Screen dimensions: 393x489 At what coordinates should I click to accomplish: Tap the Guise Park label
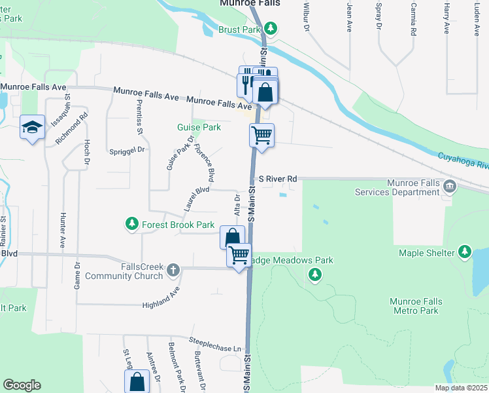(x=199, y=127)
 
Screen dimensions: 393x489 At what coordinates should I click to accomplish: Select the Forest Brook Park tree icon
(x=132, y=225)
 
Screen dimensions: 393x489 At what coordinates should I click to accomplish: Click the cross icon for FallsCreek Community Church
(x=173, y=270)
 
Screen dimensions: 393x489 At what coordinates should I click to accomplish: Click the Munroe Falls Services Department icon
(x=449, y=187)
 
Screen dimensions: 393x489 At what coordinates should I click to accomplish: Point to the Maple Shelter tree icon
(x=464, y=252)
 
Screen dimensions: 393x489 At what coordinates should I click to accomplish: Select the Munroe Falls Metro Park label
(x=416, y=306)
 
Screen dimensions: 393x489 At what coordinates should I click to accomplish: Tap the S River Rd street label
(x=278, y=178)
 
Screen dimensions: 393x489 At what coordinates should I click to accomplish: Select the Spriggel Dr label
(x=127, y=150)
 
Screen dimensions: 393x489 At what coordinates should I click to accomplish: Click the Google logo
(x=22, y=385)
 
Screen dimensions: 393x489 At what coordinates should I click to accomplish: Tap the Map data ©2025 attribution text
(x=460, y=388)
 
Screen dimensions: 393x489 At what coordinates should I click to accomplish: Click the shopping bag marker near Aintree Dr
(x=137, y=382)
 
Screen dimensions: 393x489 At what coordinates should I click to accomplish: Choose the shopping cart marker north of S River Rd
(x=261, y=136)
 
